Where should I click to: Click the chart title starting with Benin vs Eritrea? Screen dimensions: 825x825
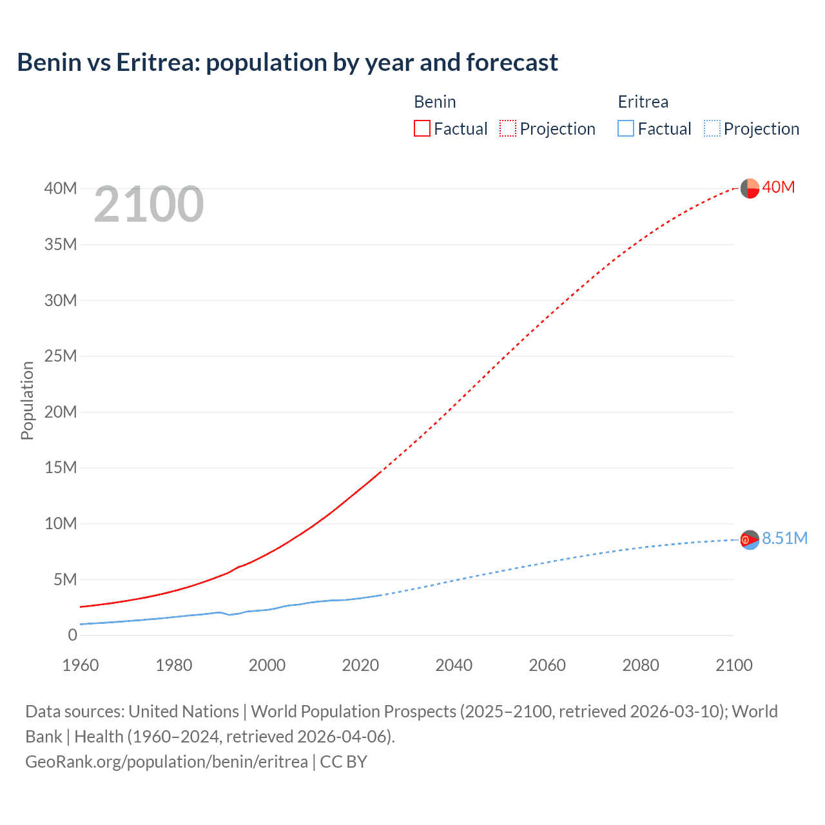[x=287, y=63]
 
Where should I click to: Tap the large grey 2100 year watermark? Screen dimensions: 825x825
[x=149, y=204]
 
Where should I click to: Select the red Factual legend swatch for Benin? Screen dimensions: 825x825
[x=422, y=128]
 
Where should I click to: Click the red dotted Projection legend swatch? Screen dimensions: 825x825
[x=508, y=128]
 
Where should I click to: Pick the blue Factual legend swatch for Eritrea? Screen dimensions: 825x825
[x=625, y=128]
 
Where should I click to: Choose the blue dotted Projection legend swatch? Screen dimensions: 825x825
[x=712, y=128]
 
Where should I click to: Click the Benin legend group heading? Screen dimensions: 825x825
[x=434, y=102]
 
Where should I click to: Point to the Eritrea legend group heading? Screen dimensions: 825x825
[x=643, y=102]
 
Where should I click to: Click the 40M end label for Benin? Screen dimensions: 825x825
[x=778, y=188]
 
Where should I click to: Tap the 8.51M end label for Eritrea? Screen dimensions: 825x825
[x=784, y=539]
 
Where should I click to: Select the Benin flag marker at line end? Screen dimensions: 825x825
[x=750, y=188]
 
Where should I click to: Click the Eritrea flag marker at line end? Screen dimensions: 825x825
[x=750, y=539]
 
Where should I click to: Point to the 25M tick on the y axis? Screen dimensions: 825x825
[x=61, y=356]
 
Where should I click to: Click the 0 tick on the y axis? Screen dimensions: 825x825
[x=72, y=635]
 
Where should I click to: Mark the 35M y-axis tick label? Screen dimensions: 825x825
[x=61, y=244]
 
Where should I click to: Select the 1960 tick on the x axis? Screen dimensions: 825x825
[x=81, y=665]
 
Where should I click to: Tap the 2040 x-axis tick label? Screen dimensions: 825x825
[x=454, y=665]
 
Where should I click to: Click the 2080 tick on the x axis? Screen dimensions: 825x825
[x=641, y=665]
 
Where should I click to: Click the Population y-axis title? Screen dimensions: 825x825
[x=27, y=400]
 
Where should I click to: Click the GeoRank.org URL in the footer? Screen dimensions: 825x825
[x=166, y=762]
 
